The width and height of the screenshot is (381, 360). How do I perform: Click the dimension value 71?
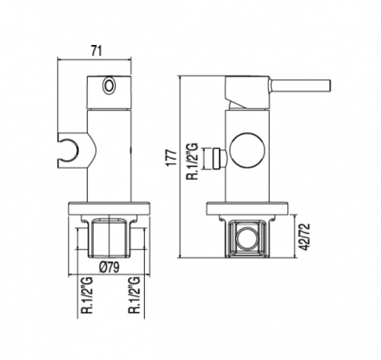(x=96, y=51)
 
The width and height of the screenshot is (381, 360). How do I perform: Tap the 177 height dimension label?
(x=171, y=158)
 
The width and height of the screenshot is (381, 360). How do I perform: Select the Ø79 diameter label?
(x=109, y=267)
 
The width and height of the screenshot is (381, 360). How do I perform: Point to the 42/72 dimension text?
(x=305, y=236)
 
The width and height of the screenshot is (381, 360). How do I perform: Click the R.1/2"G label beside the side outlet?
(x=192, y=162)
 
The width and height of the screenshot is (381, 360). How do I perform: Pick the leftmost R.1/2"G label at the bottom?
(x=87, y=295)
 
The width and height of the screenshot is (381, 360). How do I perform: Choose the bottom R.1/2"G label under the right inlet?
(x=135, y=295)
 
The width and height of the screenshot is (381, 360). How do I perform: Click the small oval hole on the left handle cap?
(x=109, y=85)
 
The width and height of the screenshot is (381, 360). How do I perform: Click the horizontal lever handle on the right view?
(x=299, y=85)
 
